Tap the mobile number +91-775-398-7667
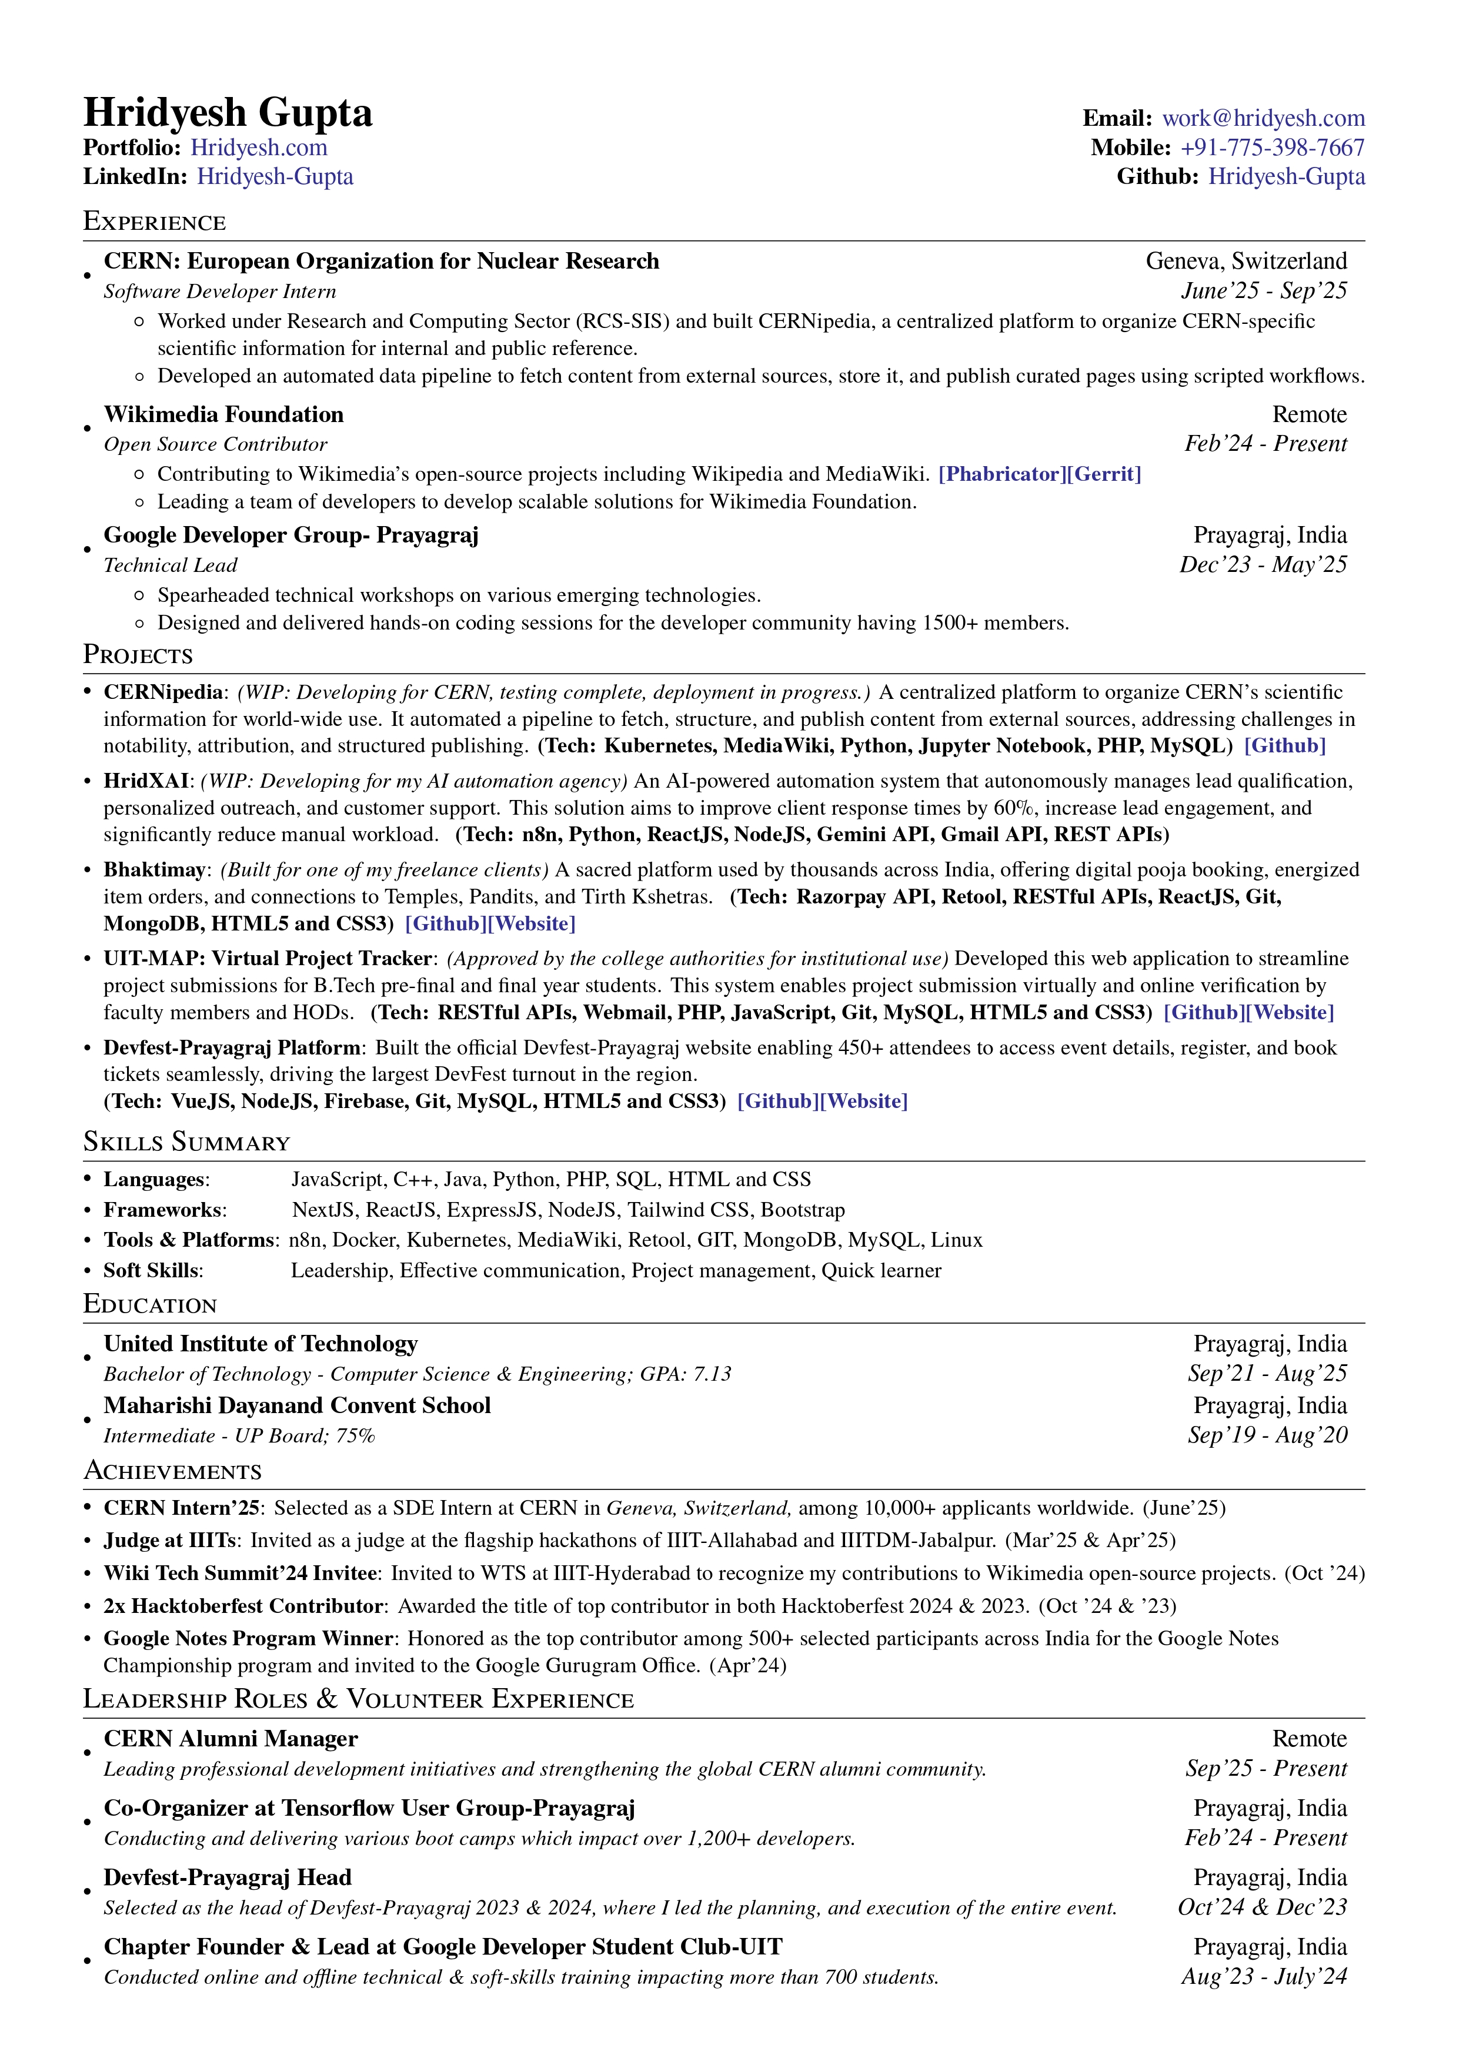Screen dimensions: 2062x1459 1272,148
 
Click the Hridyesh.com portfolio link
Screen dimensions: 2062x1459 259,148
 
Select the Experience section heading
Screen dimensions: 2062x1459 155,221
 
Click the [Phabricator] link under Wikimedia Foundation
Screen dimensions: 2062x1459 1000,474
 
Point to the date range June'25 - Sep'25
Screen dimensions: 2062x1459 1264,291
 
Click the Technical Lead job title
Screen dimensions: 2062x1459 170,565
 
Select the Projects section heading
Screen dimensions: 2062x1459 138,655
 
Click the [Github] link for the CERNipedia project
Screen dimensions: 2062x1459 1285,745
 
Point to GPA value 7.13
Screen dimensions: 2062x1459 712,1374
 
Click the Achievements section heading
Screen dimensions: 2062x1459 172,1471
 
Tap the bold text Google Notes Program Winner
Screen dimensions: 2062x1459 248,1638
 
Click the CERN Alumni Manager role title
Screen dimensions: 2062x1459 231,1739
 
